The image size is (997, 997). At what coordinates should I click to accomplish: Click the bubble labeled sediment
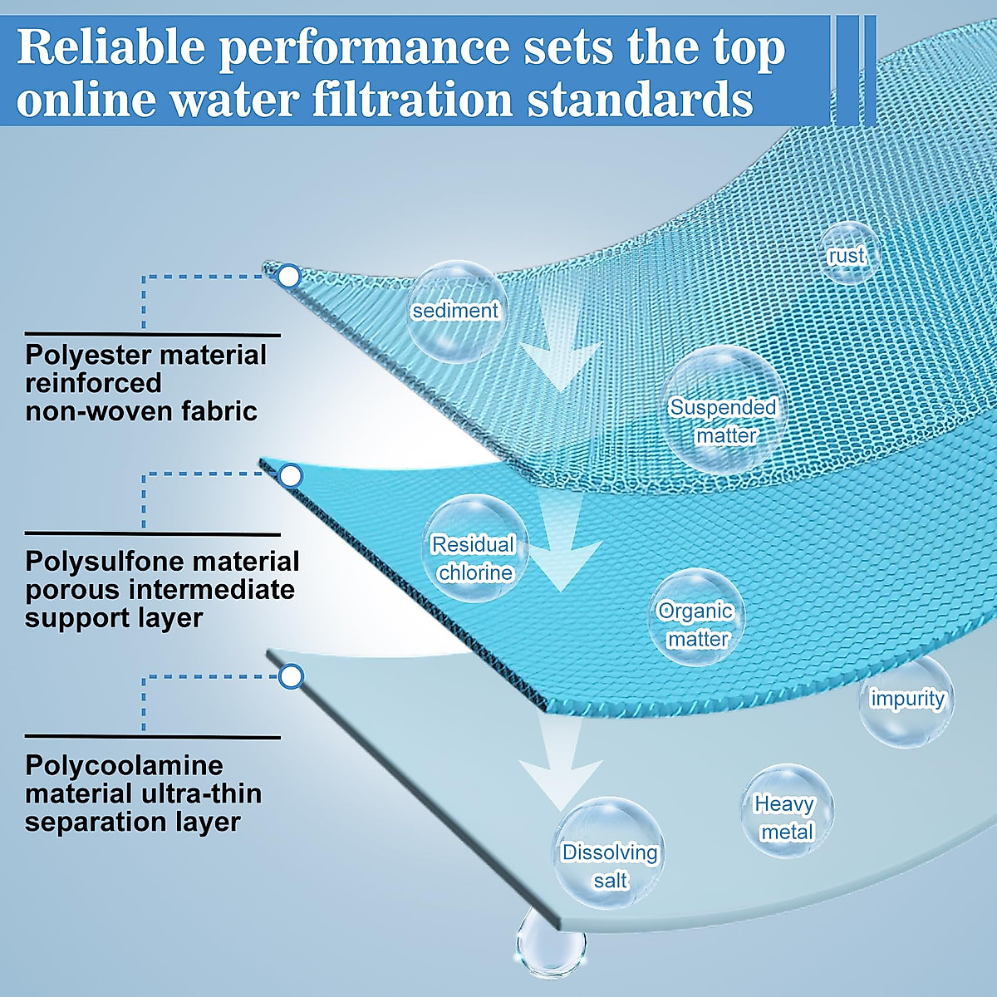(454, 312)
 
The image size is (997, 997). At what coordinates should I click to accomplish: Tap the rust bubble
(847, 253)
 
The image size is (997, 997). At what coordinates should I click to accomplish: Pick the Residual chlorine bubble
(475, 548)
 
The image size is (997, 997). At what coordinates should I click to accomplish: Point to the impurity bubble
(906, 700)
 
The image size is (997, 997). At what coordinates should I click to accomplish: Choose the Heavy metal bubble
(787, 811)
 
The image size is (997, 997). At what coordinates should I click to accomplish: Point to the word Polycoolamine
(124, 764)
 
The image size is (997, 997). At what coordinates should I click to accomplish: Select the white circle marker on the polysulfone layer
(292, 476)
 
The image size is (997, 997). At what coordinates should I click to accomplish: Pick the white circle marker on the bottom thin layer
(292, 676)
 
